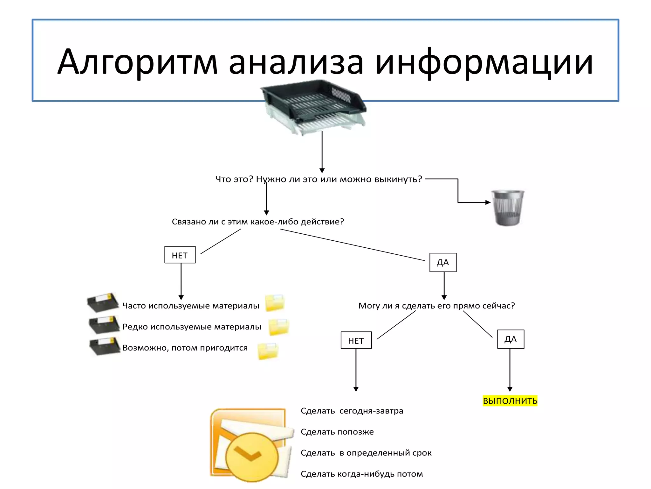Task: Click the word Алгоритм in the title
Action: [x=137, y=62]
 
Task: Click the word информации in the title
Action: [x=484, y=62]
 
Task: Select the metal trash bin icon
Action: [x=508, y=208]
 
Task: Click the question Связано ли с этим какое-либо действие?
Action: [x=258, y=222]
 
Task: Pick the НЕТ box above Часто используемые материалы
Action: [x=180, y=255]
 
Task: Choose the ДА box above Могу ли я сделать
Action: [x=443, y=262]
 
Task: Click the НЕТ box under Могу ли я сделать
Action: [x=356, y=340]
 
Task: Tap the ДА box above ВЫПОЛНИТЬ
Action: [x=511, y=339]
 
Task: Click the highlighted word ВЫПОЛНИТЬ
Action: [x=510, y=400]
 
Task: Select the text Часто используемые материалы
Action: [x=191, y=306]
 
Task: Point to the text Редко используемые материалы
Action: [x=192, y=327]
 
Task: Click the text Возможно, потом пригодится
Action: [x=185, y=348]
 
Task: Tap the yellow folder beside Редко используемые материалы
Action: [x=278, y=327]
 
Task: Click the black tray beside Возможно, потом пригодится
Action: [x=104, y=347]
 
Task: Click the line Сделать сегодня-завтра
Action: [x=352, y=411]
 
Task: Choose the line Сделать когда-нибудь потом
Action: [x=362, y=474]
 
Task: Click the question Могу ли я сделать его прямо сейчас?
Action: [x=436, y=306]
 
